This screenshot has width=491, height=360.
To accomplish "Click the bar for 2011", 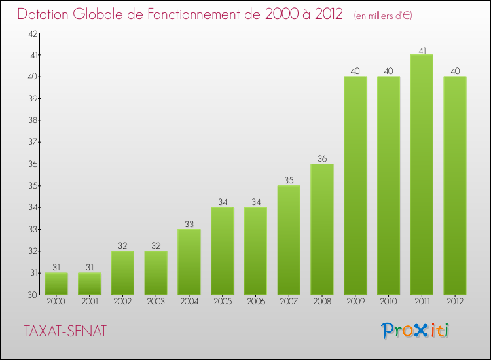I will pyautogui.click(x=422, y=175).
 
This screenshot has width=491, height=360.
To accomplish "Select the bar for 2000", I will pyautogui.click(x=56, y=283).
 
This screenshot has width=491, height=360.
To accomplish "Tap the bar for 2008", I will pyautogui.click(x=322, y=229).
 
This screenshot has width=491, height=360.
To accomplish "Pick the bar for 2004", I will pyautogui.click(x=189, y=262).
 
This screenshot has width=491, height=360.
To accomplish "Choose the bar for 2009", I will pyautogui.click(x=355, y=185).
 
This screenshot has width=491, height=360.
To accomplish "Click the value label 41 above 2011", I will pyautogui.click(x=422, y=50).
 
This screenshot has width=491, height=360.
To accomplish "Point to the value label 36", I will pyautogui.click(x=322, y=158).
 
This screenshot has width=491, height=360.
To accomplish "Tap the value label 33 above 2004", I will pyautogui.click(x=189, y=224).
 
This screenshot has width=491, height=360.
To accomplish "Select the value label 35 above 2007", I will pyautogui.click(x=289, y=180).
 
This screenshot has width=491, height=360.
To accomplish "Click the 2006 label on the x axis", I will pyautogui.click(x=255, y=302).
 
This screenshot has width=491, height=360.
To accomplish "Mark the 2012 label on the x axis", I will pyautogui.click(x=455, y=302).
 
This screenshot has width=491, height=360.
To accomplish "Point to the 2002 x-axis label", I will pyautogui.click(x=122, y=302).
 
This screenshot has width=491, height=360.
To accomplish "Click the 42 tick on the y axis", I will pyautogui.click(x=32, y=33).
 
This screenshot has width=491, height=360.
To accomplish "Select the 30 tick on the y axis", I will pyautogui.click(x=32, y=295).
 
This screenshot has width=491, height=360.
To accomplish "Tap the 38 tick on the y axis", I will pyautogui.click(x=32, y=120).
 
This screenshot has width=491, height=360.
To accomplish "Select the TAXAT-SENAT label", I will pyautogui.click(x=65, y=332).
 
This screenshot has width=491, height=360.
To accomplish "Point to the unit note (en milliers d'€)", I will pyautogui.click(x=383, y=15).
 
